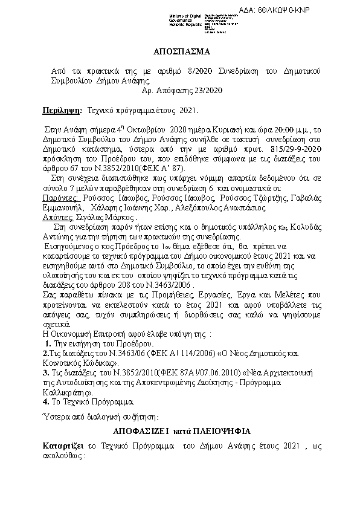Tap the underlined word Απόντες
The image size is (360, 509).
point(58,216)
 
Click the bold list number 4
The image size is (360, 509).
point(45,400)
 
